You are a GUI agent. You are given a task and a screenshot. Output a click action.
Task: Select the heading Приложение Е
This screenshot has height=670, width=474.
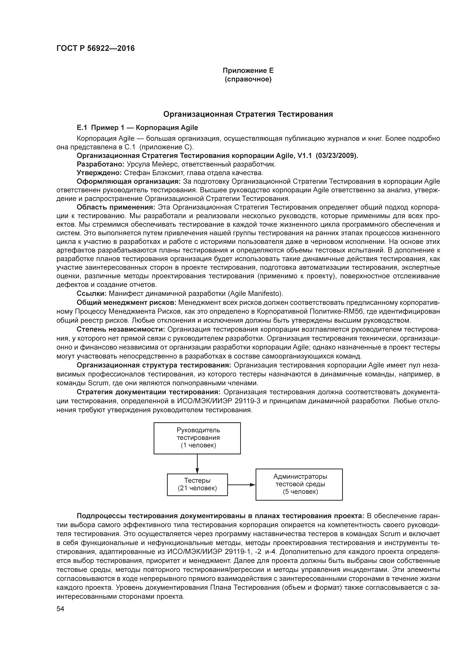[x=248, y=71]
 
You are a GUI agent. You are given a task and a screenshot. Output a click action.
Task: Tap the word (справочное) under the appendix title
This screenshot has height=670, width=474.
[x=248, y=79]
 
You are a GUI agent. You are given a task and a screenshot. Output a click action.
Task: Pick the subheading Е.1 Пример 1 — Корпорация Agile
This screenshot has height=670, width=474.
[x=137, y=128]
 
